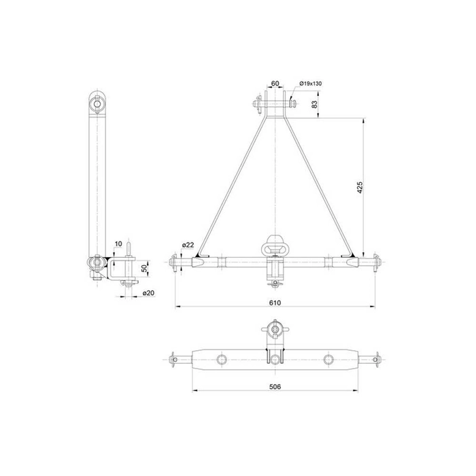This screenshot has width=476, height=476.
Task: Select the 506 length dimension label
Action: click(x=275, y=385)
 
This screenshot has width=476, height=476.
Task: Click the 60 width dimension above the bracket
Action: click(x=275, y=84)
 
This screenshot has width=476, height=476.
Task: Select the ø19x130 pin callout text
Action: click(x=310, y=84)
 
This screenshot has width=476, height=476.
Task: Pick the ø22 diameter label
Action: click(x=188, y=245)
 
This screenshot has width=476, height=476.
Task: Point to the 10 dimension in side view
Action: click(x=118, y=243)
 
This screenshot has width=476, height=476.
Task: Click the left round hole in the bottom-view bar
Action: click(x=221, y=358)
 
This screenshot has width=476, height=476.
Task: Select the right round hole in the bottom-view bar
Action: click(x=328, y=358)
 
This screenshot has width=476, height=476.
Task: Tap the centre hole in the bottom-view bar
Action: click(x=275, y=358)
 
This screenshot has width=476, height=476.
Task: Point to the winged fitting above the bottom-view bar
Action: click(x=275, y=331)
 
